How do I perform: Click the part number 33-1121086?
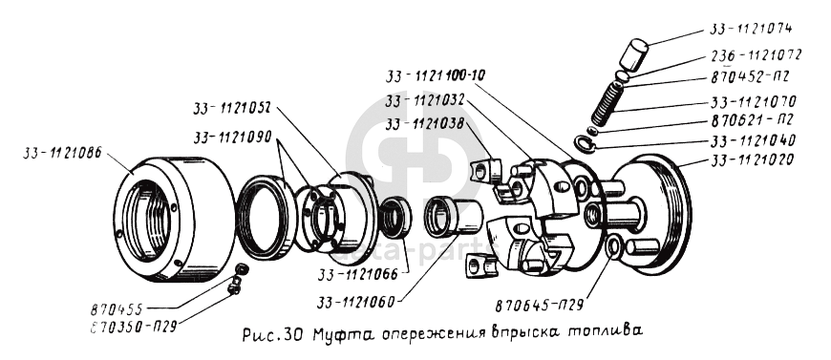(x=62, y=153)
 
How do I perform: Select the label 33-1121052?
(x=233, y=108)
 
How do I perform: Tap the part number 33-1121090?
(x=233, y=138)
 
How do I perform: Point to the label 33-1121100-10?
(x=435, y=75)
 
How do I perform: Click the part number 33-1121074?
(x=751, y=29)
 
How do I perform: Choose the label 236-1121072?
(x=756, y=54)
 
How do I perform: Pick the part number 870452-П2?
(x=750, y=77)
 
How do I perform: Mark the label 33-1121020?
(x=753, y=159)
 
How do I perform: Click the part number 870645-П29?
(x=540, y=306)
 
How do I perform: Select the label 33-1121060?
(x=356, y=302)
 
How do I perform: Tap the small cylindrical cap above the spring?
(x=635, y=53)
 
